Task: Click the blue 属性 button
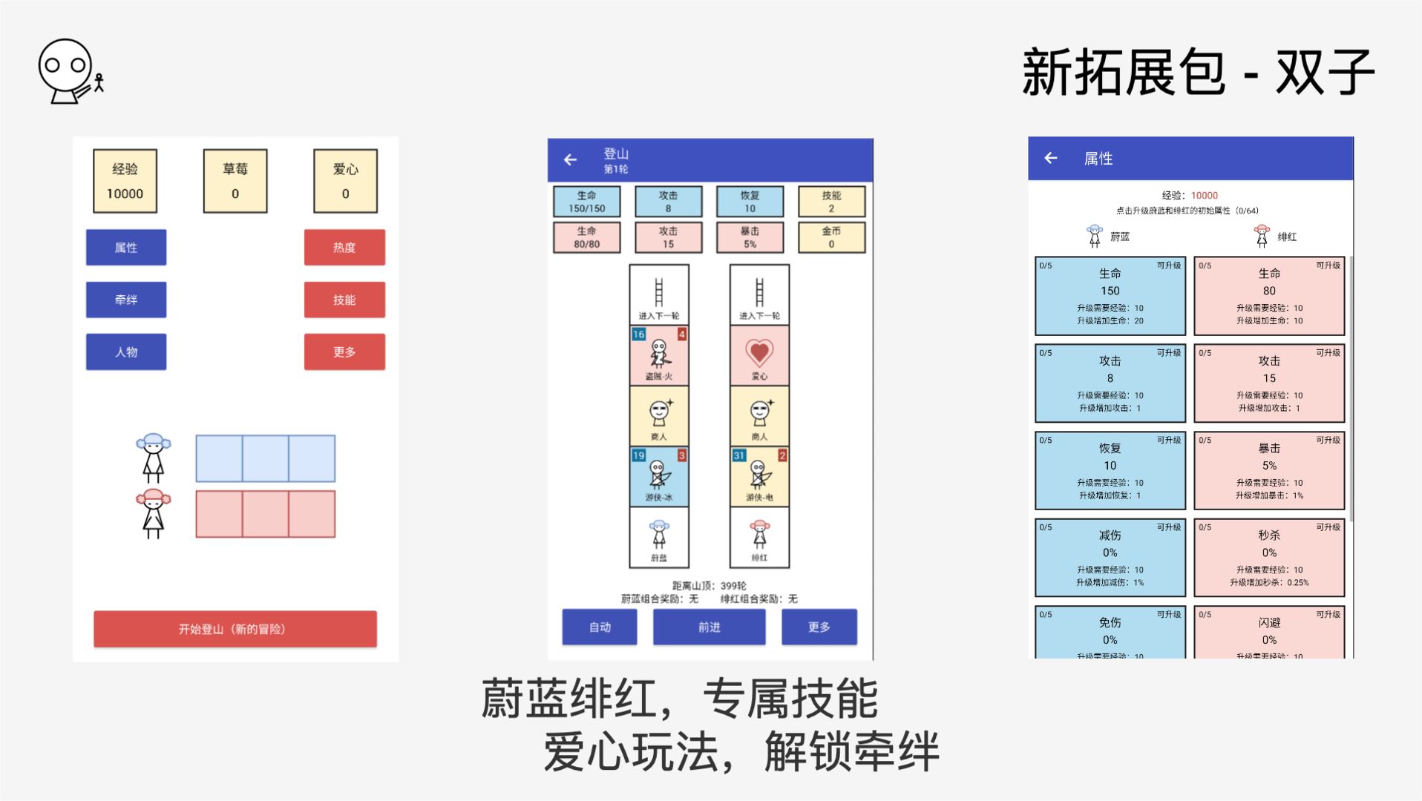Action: tap(126, 247)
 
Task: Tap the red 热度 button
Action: tap(344, 247)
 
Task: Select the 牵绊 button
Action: tap(126, 300)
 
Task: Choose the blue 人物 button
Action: tap(126, 352)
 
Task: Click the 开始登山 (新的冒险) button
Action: tap(235, 629)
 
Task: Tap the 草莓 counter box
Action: tap(235, 181)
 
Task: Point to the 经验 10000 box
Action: tap(125, 181)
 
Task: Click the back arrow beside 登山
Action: tap(570, 159)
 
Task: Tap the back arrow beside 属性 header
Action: tap(1050, 158)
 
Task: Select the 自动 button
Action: tap(600, 627)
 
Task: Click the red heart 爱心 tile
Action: tap(759, 355)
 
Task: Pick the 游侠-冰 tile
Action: tap(659, 476)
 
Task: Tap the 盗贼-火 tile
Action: tap(659, 355)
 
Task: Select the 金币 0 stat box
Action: tap(831, 237)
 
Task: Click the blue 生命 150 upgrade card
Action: tap(1110, 296)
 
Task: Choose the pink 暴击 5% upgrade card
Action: tap(1269, 470)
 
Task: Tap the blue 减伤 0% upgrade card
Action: tap(1110, 558)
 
